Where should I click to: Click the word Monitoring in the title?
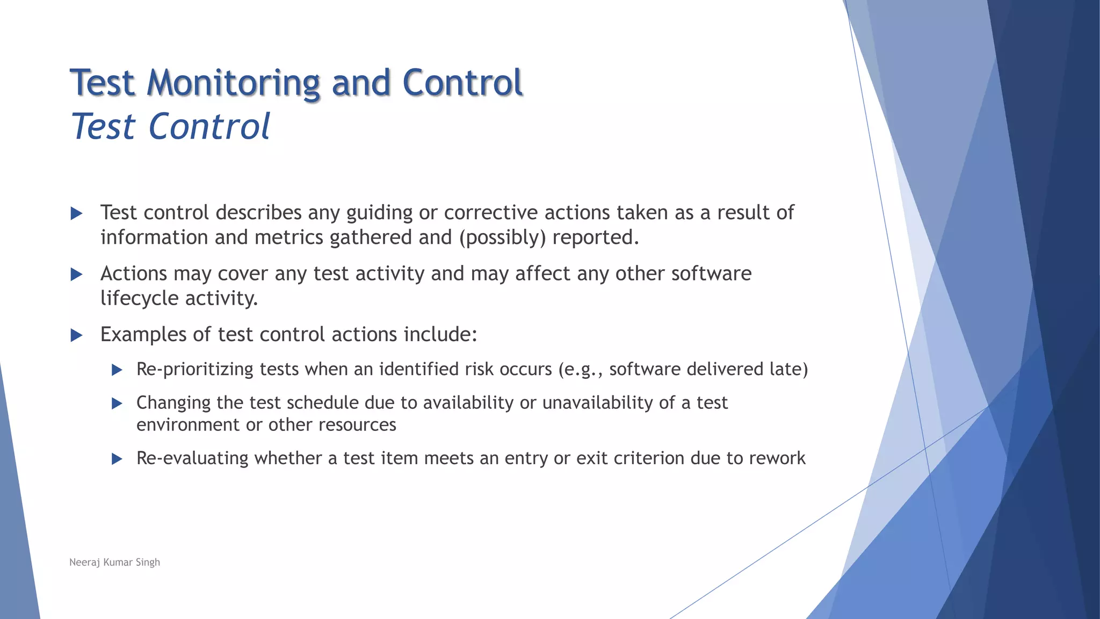point(234,83)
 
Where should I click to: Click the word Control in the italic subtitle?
point(209,127)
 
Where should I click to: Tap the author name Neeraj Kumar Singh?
point(114,562)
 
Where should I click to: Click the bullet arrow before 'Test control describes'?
point(77,213)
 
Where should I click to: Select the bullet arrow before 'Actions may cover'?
point(77,275)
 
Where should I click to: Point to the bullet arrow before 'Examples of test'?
point(77,336)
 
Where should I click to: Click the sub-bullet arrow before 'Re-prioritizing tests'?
point(117,370)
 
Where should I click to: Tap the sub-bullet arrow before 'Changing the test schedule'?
point(117,404)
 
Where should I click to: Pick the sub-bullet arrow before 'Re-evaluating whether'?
point(117,459)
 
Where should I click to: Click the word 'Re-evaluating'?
point(192,458)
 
